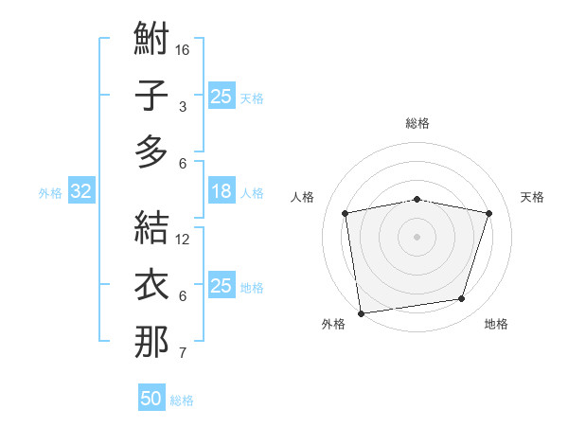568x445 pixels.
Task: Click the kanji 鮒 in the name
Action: point(151,40)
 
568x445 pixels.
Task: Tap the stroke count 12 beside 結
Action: point(183,240)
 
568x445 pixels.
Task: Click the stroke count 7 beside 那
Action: point(183,354)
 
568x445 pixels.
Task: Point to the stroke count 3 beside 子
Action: point(183,107)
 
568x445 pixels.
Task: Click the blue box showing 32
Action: point(81,192)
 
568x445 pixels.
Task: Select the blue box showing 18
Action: point(222,192)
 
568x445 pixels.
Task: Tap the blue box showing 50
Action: point(151,400)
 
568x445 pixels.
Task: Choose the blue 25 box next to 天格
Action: point(222,97)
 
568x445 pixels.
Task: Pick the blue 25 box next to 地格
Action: point(222,287)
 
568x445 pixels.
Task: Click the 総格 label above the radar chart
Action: point(417,123)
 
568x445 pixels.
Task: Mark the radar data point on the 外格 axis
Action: point(361,312)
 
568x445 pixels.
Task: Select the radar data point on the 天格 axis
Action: point(488,213)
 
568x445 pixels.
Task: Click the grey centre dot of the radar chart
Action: point(417,236)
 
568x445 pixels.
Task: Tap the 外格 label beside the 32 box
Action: point(50,193)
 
